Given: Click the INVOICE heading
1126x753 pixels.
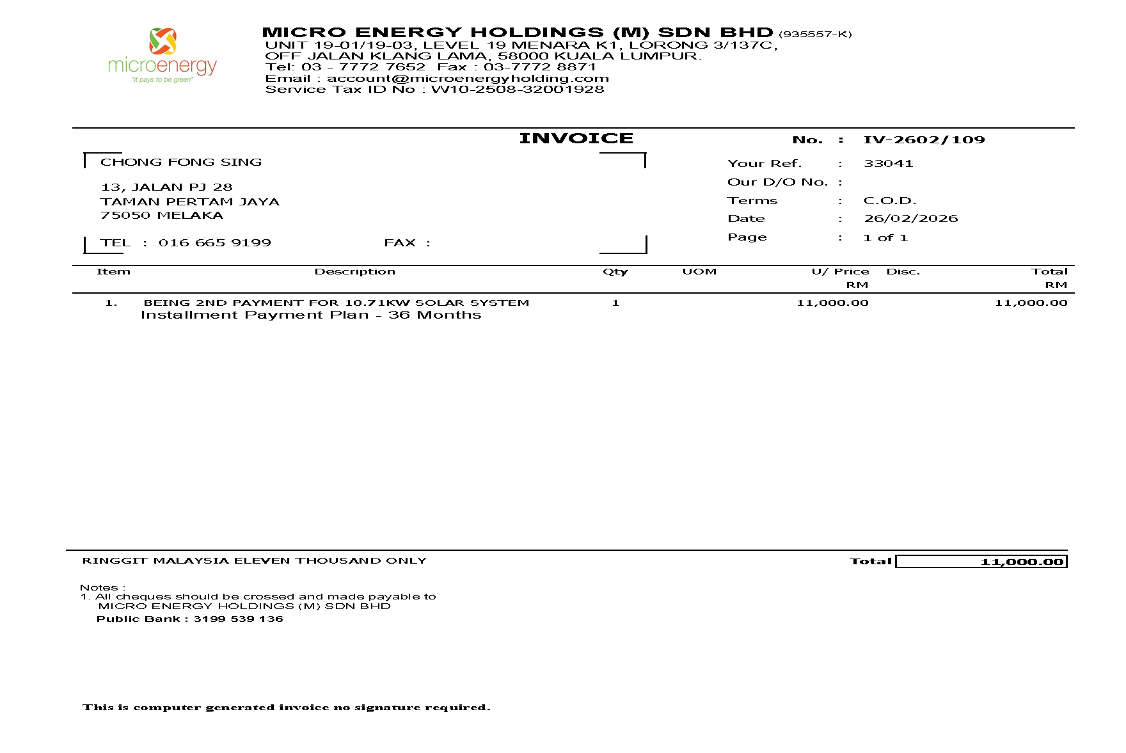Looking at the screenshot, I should [x=576, y=138].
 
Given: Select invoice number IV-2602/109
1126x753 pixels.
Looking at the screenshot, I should [x=924, y=139].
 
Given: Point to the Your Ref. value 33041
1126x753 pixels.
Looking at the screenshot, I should [x=888, y=163].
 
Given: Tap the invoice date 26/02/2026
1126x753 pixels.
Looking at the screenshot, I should [x=910, y=218].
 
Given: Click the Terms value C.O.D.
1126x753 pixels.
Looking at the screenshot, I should [x=890, y=200].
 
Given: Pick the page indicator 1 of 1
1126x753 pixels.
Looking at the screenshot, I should [x=885, y=237].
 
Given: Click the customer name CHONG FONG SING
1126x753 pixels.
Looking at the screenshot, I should [x=181, y=162].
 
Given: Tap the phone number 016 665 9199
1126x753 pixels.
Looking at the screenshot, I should [x=215, y=242].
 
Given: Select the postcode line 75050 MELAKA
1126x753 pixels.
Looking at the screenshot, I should [x=162, y=215].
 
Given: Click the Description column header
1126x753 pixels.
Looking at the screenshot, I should [x=354, y=271].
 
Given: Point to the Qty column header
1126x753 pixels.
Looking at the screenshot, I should [x=615, y=271].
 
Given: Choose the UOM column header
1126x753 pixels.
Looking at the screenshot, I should [x=699, y=271].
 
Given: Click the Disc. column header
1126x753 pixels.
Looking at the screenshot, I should [x=903, y=271].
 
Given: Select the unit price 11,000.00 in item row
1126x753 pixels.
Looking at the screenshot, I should [x=832, y=303].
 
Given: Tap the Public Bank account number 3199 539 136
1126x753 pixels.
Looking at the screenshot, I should [x=238, y=619].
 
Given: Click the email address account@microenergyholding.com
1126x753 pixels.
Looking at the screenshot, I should [x=468, y=78].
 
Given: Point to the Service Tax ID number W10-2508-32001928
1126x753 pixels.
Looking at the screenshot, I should [x=517, y=89].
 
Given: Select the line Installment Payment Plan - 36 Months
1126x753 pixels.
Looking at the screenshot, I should [x=310, y=315].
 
